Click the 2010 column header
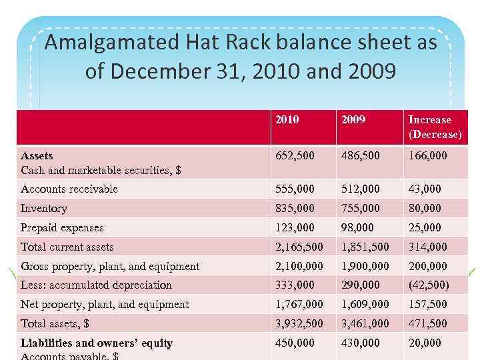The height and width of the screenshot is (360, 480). click(287, 120)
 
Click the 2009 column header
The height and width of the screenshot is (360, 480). click(353, 120)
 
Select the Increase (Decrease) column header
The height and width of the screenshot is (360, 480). click(435, 127)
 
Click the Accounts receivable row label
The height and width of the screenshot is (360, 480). click(69, 189)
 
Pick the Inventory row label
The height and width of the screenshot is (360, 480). click(44, 208)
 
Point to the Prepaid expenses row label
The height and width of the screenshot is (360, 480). click(62, 227)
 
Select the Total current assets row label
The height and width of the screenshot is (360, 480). click(67, 247)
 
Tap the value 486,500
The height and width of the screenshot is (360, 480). click(360, 156)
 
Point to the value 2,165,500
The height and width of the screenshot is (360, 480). click(299, 247)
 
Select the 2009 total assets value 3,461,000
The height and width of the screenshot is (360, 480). click(365, 323)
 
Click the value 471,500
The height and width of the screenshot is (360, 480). click(427, 323)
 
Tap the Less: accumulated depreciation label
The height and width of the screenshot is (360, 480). click(96, 285)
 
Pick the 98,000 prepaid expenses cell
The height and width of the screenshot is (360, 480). click(357, 227)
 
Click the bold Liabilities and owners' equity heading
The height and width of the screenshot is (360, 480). click(97, 343)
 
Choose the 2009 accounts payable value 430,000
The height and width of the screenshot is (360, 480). click(360, 343)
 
